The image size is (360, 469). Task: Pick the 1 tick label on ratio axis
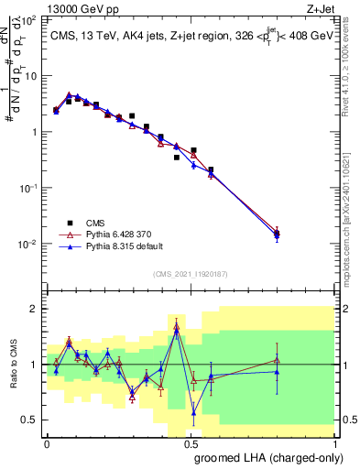(34, 365)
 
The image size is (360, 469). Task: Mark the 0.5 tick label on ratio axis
(29, 420)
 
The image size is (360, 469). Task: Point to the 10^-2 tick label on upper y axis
(27, 244)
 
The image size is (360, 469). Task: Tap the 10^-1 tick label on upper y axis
(27, 188)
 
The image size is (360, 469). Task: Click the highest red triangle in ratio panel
(177, 326)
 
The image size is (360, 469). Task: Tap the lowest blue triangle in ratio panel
(193, 412)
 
